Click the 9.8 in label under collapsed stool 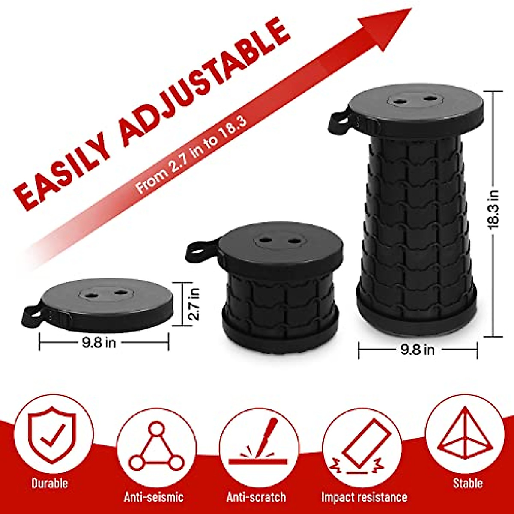tap(99, 343)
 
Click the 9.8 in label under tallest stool tap(417, 350)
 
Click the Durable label tap(50, 484)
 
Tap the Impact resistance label tap(364, 497)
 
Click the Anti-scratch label tap(256, 497)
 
